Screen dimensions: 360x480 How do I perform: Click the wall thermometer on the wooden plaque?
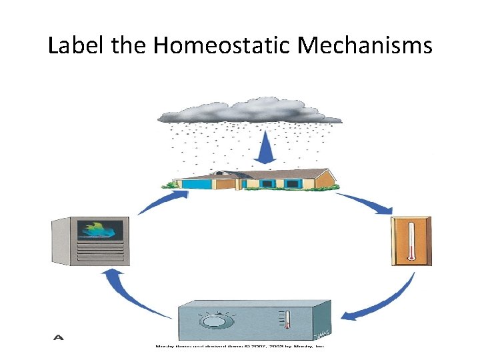click(x=411, y=241)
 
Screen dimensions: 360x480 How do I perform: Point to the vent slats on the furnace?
click(x=100, y=253)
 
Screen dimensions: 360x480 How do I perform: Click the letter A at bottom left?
click(x=59, y=337)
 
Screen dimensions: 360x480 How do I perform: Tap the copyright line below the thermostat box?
click(x=240, y=346)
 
